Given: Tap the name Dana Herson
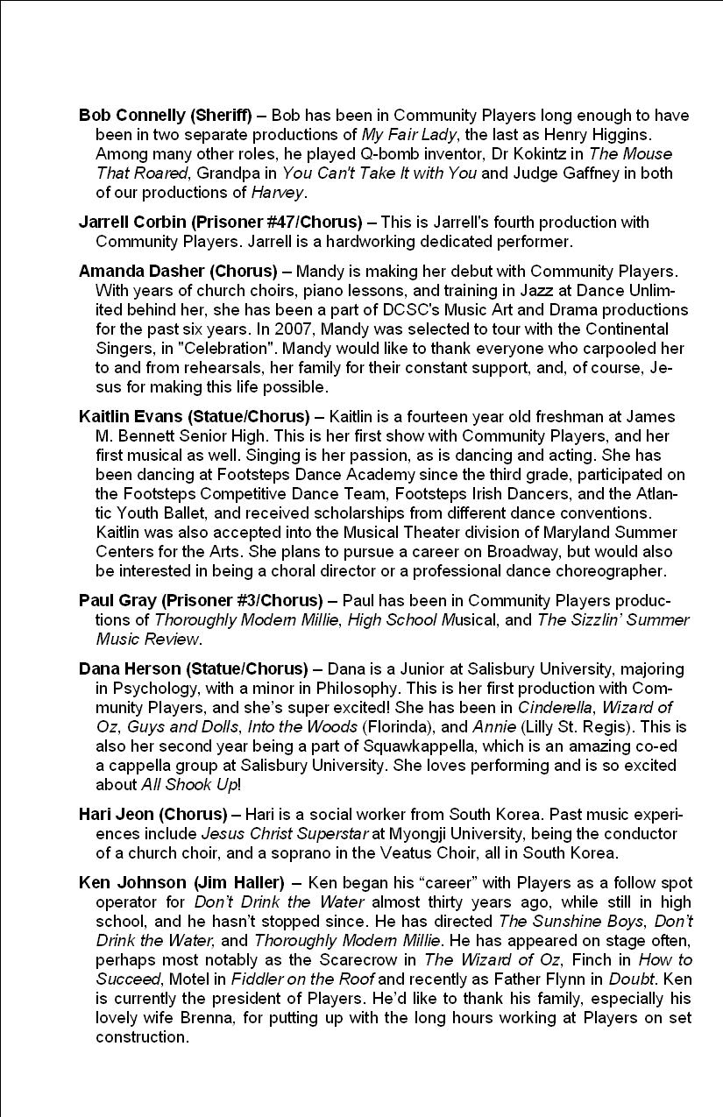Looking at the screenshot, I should pos(130,668).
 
